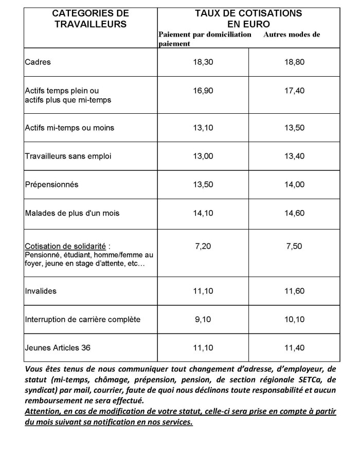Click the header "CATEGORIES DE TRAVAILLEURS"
(91, 18)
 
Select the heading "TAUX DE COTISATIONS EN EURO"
(248, 18)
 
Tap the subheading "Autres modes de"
(292, 35)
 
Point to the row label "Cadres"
(38, 62)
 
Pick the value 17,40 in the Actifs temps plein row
(294, 91)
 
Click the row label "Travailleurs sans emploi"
(68, 156)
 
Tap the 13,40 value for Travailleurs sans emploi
(294, 156)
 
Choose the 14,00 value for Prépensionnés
(294, 184)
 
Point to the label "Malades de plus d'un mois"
(72, 213)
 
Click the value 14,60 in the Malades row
(294, 213)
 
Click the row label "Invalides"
(41, 291)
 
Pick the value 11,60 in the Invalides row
(294, 291)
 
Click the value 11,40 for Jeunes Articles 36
(294, 348)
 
